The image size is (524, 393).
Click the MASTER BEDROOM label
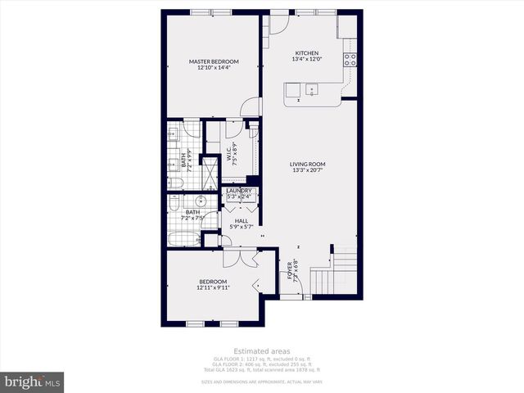click(214, 61)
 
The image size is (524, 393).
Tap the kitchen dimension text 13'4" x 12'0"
click(307, 59)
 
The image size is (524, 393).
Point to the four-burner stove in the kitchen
click(350, 60)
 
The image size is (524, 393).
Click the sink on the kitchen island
click(310, 89)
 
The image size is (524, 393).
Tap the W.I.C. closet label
click(233, 153)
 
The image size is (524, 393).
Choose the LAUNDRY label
click(240, 191)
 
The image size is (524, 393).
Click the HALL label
click(241, 220)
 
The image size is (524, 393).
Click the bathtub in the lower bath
click(184, 239)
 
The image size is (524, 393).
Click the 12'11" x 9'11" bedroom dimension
click(214, 287)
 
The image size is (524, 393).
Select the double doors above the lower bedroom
click(241, 257)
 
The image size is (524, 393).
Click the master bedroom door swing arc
click(253, 107)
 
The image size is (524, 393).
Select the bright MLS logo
click(33, 382)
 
